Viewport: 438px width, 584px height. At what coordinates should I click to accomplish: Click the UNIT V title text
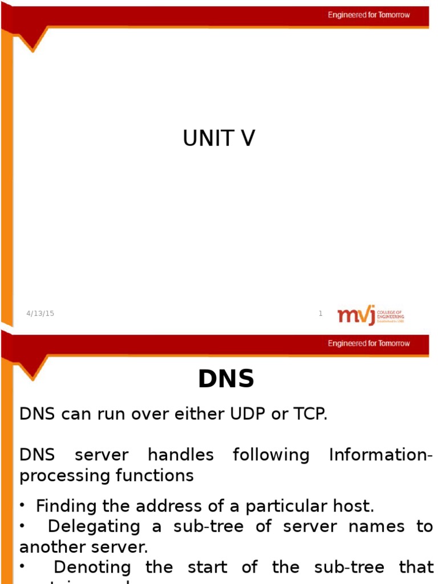tap(219, 139)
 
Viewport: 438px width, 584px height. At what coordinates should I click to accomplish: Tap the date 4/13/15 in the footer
tap(40, 313)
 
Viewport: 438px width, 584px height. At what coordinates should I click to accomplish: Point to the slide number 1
tap(321, 313)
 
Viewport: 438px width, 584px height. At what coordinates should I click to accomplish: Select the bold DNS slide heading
tap(226, 380)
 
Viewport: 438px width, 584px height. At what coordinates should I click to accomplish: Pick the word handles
tap(180, 455)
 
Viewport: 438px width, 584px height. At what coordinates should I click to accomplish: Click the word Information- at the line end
tap(381, 455)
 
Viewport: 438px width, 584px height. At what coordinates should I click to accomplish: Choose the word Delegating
tap(94, 526)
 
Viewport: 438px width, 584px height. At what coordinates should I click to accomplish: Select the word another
tap(51, 547)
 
